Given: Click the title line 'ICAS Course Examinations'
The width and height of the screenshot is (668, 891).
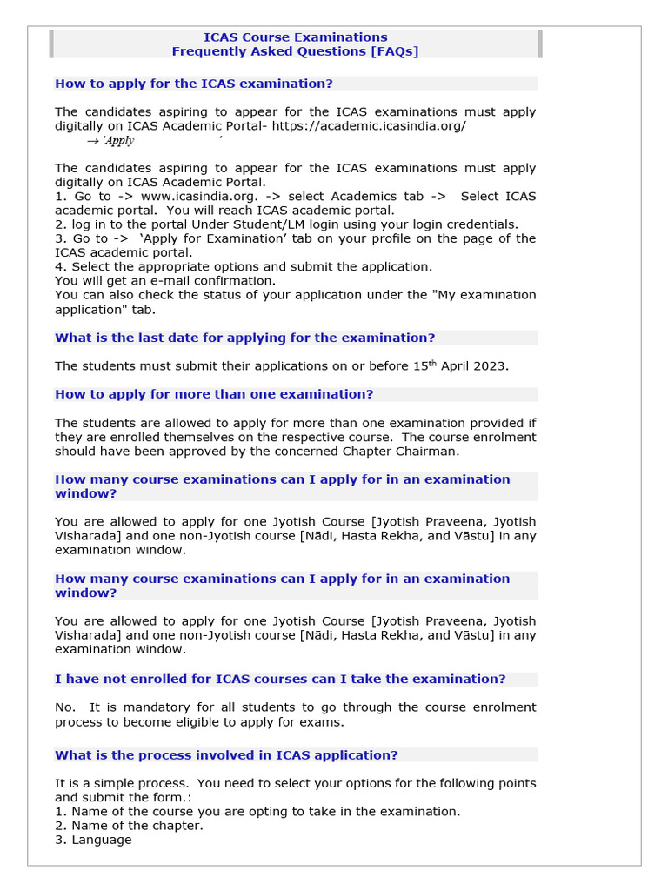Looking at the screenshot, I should coord(295,37).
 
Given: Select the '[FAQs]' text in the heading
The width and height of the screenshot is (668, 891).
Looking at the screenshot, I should coord(395,51).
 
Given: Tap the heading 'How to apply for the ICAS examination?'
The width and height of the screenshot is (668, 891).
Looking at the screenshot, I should coord(194,84).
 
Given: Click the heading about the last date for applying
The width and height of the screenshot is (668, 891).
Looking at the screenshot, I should coord(244,338).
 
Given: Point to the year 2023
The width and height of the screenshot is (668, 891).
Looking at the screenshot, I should coord(491,366).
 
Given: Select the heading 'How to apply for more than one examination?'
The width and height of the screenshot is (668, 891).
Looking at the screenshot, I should coord(214,394).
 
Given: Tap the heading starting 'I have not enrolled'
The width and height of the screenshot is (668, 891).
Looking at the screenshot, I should coord(280,679).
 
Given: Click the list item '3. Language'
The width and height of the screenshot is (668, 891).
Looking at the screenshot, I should coord(93,840).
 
